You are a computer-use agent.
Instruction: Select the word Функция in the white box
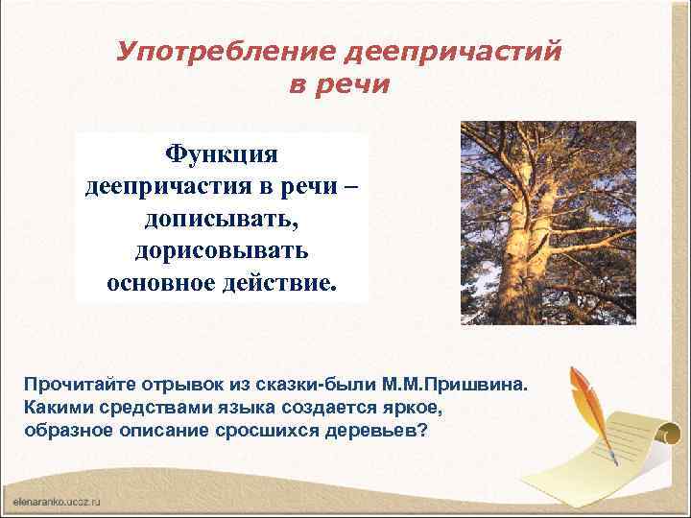pyautogui.click(x=221, y=153)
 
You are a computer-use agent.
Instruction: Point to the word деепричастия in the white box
pyautogui.click(x=165, y=186)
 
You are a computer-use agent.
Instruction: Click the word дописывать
pyautogui.click(x=222, y=220)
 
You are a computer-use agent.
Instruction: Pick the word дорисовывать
pyautogui.click(x=222, y=252)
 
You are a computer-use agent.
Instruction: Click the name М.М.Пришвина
pyautogui.click(x=459, y=386)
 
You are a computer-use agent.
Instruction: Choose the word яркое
pyautogui.click(x=418, y=407)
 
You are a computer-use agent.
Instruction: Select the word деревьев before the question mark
pyautogui.click(x=369, y=429)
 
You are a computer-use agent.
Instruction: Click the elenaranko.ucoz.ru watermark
pyautogui.click(x=57, y=502)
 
